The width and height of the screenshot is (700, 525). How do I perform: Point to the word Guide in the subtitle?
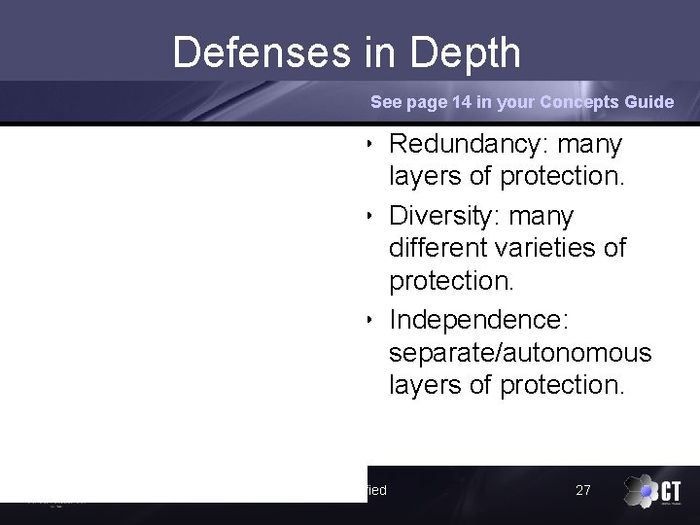648,102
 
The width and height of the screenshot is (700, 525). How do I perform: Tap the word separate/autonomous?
519,353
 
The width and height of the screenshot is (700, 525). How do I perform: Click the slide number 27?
583,490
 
